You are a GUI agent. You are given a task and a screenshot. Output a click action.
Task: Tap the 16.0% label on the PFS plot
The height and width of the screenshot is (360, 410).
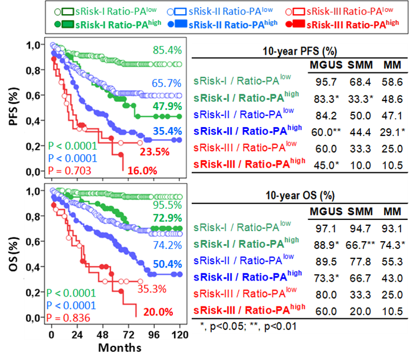tap(158, 171)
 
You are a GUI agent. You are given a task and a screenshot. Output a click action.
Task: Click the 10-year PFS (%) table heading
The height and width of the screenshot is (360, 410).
tap(300, 50)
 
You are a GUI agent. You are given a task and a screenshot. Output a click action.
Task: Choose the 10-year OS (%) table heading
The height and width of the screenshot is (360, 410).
tap(300, 194)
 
